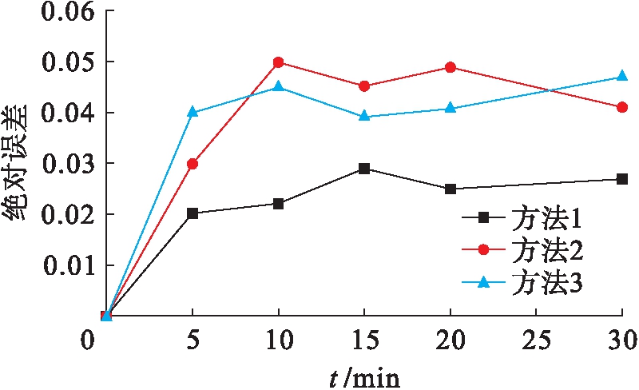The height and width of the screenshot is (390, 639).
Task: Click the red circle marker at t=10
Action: pos(279,62)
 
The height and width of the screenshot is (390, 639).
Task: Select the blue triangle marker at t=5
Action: pos(192,112)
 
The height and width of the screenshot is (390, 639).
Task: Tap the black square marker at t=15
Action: pos(364,169)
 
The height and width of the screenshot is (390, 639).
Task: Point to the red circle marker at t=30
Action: pos(622,107)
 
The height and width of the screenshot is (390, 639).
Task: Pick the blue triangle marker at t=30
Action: pos(622,77)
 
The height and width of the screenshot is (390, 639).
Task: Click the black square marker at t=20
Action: pos(450,189)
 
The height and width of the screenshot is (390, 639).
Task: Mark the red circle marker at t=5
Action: pos(192,164)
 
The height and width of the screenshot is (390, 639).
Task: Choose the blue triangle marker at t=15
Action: pos(364,116)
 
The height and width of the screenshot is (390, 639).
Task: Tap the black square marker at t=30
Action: pos(622,179)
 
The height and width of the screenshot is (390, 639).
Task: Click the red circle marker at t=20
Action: pos(450,67)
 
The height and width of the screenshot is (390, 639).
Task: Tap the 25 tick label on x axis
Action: pos(536,341)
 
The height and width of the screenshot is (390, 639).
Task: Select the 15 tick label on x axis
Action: pos(364,341)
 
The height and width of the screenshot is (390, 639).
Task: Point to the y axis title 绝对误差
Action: pos(18,164)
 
